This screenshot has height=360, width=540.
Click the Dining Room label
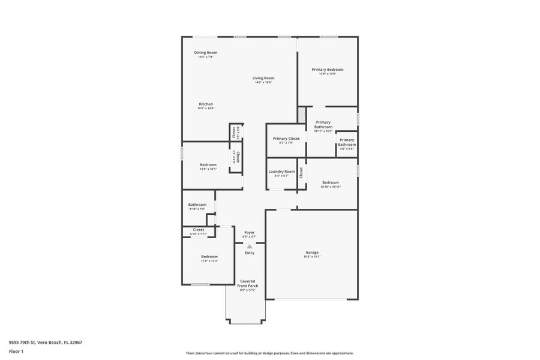pyautogui.click(x=205, y=53)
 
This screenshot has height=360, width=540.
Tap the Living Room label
pyautogui.click(x=263, y=78)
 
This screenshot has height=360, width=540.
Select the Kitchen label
pyautogui.click(x=206, y=104)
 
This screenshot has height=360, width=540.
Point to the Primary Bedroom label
pyautogui.click(x=327, y=70)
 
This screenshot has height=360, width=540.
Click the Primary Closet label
pyautogui.click(x=286, y=139)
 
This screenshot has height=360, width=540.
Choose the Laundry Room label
pyautogui.click(x=281, y=172)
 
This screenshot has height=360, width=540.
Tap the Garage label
pyautogui.click(x=312, y=253)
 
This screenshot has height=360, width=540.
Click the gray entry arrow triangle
pyautogui.click(x=249, y=246)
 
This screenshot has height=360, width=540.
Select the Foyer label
pyautogui.click(x=249, y=233)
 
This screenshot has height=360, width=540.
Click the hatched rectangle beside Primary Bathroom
pyautogui.click(x=302, y=115)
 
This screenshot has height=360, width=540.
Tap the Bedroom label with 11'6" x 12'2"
pyautogui.click(x=209, y=257)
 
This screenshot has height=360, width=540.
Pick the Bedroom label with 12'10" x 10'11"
pyautogui.click(x=330, y=182)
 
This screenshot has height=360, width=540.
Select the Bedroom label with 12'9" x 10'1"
pyautogui.click(x=208, y=164)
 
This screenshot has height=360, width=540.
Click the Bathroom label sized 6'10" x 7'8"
pyautogui.click(x=197, y=205)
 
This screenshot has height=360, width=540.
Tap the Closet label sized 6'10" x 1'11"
pyautogui.click(x=198, y=230)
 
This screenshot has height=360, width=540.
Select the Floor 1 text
pyautogui.click(x=16, y=351)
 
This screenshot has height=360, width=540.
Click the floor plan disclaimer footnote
pyautogui.click(x=269, y=353)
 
